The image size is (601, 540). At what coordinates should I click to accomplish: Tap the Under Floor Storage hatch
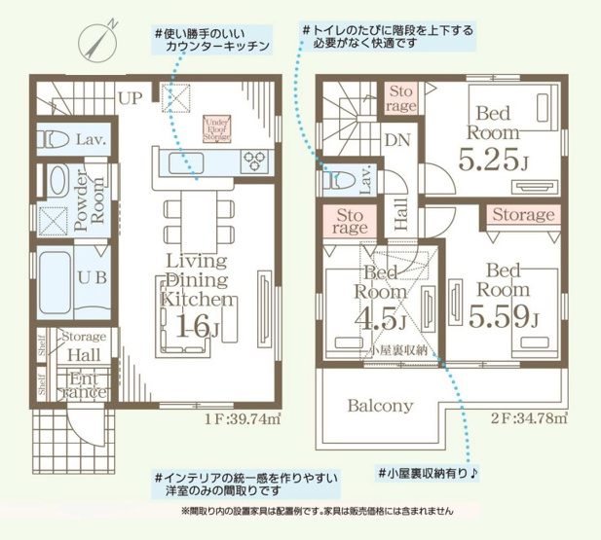point(217,129)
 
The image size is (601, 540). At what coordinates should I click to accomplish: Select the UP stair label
point(130,97)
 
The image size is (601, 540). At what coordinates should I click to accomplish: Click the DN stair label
point(396,140)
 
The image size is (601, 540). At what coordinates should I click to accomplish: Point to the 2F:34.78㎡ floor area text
point(529,420)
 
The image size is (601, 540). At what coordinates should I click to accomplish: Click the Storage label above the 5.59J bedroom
point(522,215)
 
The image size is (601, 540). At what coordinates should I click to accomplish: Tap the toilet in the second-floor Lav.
point(338,179)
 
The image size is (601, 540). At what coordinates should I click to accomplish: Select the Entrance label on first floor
point(88,384)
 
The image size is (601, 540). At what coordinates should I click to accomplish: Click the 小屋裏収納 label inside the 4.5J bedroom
point(394,347)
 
